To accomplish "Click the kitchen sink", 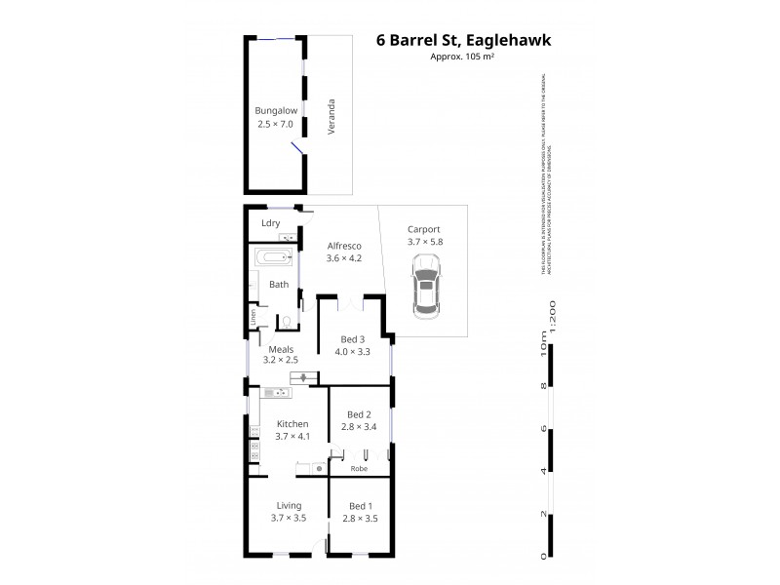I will pos(276,393).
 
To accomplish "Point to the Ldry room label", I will pos(271,223).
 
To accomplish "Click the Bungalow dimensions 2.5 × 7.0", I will pos(276,125).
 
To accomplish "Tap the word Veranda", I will pos(332,117).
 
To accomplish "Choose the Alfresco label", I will pos(343,245).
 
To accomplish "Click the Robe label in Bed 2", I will pos(361,468).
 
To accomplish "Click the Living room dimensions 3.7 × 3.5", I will pos(289,518).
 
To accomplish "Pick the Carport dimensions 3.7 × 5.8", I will pos(424,242).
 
